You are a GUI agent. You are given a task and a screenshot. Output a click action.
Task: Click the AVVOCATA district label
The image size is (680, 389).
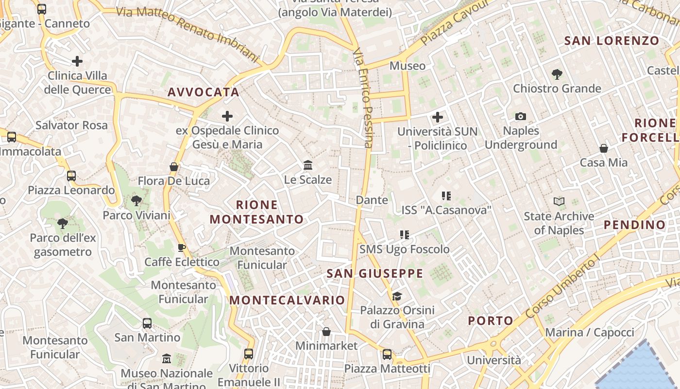[x=204, y=92]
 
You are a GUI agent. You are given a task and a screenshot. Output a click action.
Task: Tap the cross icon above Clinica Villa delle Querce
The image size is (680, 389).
[x=77, y=61]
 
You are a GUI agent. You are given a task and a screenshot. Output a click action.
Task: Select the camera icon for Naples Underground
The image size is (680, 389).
[x=521, y=117]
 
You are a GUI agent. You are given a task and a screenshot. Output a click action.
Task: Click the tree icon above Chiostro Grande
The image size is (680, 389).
[x=557, y=74]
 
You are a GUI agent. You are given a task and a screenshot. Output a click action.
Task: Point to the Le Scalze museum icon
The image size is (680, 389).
[x=308, y=165]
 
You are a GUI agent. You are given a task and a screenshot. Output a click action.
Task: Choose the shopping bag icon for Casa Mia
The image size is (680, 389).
[x=604, y=148]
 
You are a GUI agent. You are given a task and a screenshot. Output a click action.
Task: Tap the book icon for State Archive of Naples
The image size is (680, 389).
[x=559, y=201]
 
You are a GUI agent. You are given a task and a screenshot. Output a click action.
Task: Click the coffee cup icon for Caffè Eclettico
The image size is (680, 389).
[x=182, y=248]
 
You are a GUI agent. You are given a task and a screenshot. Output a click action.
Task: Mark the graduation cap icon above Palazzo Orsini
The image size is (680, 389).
[x=397, y=296]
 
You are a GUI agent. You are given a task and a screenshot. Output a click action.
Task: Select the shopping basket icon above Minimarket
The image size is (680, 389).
[x=326, y=332]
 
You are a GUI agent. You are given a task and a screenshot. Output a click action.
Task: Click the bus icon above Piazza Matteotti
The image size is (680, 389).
[x=387, y=354]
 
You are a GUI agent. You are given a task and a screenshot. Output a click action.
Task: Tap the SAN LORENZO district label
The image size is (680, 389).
[x=612, y=41]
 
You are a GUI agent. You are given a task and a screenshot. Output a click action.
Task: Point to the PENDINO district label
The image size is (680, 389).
[x=634, y=225]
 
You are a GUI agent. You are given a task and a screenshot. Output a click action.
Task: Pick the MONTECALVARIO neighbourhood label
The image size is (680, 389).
[x=287, y=300]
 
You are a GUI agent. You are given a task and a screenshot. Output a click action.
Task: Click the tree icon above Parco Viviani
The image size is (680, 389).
[x=136, y=200]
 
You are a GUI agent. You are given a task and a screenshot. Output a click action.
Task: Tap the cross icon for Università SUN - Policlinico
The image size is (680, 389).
[x=438, y=117]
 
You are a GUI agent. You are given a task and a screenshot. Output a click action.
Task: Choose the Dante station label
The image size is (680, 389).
[x=372, y=200]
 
